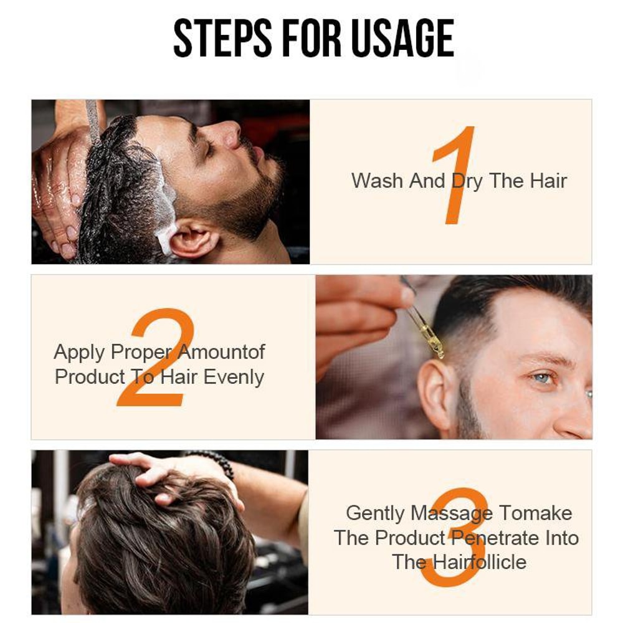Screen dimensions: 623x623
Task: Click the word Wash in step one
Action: [x=378, y=181]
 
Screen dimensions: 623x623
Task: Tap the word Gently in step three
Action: [x=376, y=513]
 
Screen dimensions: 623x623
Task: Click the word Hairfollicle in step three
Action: [x=480, y=562]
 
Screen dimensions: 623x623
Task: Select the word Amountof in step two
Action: [x=222, y=352]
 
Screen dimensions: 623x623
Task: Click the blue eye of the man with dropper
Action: [x=543, y=378]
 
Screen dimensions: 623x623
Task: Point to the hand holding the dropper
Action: [x=358, y=318]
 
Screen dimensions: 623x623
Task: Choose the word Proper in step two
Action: [x=141, y=352]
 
